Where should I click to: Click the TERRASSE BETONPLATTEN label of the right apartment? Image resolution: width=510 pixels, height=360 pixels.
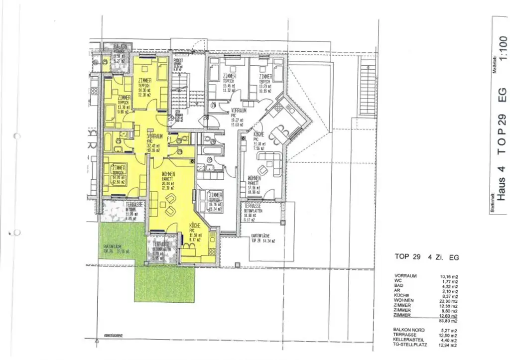click(x=254, y=206)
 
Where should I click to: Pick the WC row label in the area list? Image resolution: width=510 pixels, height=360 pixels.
click(x=398, y=280)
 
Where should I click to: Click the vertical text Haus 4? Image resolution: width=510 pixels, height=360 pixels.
click(x=502, y=184)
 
